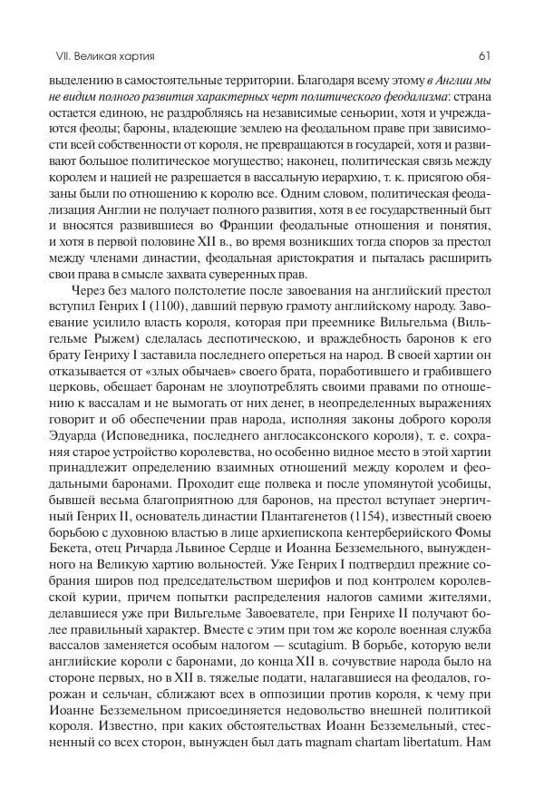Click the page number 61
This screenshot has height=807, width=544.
coord(483,56)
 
